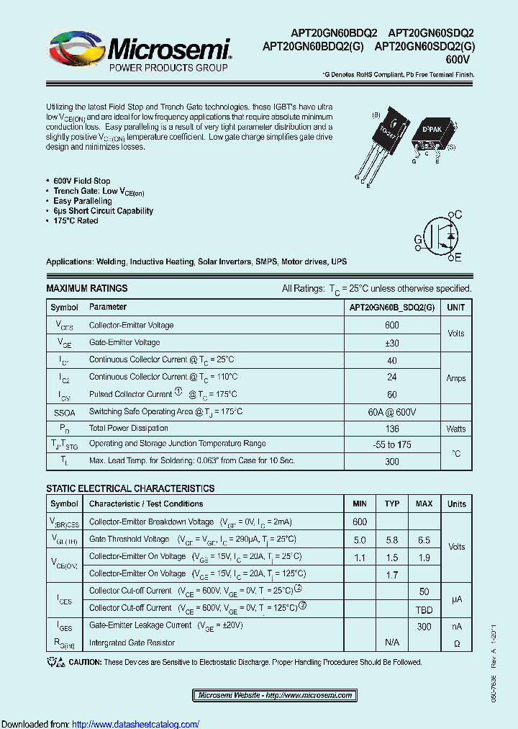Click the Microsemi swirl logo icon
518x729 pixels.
coord(75,50)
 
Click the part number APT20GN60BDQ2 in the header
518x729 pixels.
coord(334,33)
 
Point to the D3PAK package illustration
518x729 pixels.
coord(427,137)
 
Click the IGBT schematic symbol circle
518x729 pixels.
coord(442,236)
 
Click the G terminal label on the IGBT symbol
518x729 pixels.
coord(418,239)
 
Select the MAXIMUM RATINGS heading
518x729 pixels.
coord(87,288)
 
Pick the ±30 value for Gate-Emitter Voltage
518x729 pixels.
coord(391,343)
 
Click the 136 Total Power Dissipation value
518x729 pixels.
coord(391,429)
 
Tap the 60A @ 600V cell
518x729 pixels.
coord(391,411)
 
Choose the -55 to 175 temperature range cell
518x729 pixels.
coord(391,445)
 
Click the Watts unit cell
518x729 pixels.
coord(456,429)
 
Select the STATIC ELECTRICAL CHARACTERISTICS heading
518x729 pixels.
coord(130,488)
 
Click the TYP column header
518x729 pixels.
coord(392,504)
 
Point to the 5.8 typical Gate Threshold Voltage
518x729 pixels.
coord(392,539)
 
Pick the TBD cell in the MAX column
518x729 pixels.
coord(424,608)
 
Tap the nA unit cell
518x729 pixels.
coord(456,626)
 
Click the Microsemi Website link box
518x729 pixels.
coord(275,695)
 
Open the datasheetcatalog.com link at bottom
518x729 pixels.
coord(136,724)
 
